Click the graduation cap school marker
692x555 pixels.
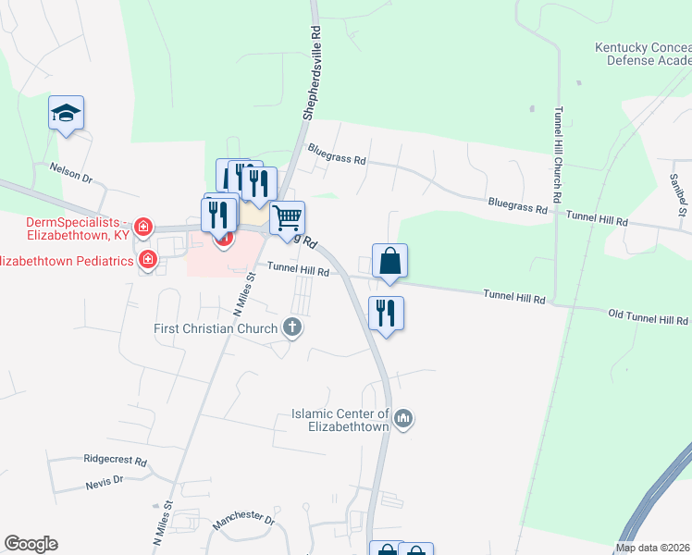pos(66,114)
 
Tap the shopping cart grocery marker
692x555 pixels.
pos(288,218)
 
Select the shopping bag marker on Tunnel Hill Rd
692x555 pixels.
pos(389,261)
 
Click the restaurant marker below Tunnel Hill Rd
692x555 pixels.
pos(386,314)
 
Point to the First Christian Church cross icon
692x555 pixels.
pos(292,327)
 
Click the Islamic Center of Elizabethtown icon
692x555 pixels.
pos(402,420)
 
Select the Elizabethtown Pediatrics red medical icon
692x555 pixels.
pos(147,260)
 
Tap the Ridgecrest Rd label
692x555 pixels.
pos(115,460)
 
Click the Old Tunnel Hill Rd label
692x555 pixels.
pos(648,317)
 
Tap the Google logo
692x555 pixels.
pos(31,544)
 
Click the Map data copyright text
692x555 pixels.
pos(653,548)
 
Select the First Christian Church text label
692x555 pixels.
pos(216,328)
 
